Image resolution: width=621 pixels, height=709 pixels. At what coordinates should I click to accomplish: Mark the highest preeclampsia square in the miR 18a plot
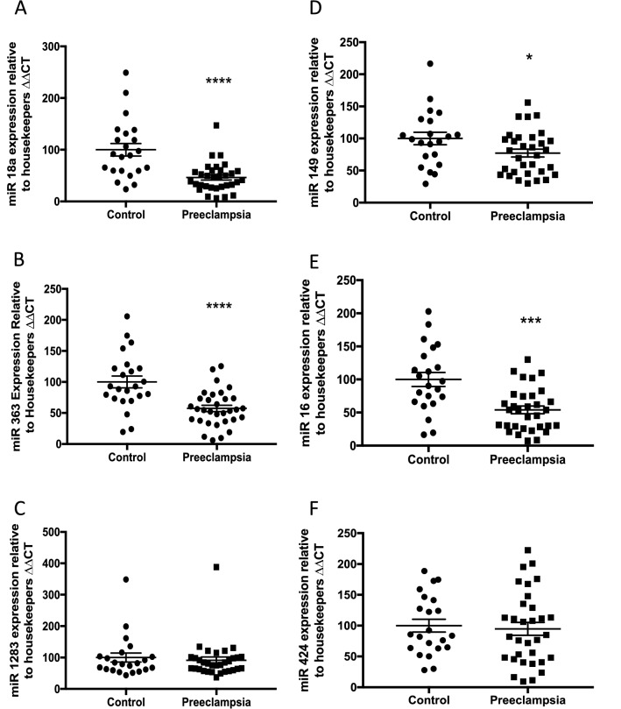(216, 125)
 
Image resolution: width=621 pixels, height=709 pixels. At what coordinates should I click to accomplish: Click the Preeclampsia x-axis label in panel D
(526, 214)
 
